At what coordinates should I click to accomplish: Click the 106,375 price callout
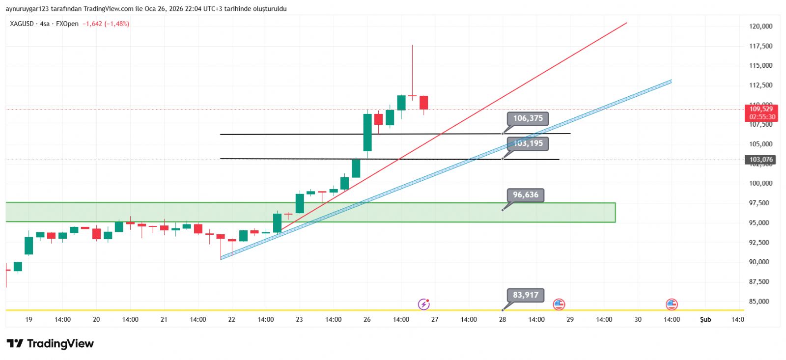(x=528, y=118)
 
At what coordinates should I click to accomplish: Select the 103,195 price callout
(x=528, y=143)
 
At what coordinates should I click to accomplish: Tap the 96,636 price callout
(x=526, y=195)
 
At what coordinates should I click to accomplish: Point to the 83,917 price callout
(x=526, y=295)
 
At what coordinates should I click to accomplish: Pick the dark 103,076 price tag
(x=761, y=160)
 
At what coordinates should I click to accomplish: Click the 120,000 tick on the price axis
(x=760, y=27)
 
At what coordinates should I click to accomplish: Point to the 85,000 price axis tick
(x=759, y=302)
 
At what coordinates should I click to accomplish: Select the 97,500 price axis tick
(x=759, y=203)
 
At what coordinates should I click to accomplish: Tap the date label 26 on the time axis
(x=367, y=320)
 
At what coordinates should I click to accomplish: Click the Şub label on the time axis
(x=705, y=320)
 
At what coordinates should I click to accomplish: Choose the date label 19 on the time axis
(x=29, y=320)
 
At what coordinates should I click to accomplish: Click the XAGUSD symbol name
(x=22, y=24)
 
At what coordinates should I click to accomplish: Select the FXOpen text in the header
(x=67, y=24)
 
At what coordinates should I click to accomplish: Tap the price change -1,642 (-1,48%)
(x=106, y=24)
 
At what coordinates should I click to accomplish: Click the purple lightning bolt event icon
(x=423, y=305)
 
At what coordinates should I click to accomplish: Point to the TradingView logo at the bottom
(x=50, y=343)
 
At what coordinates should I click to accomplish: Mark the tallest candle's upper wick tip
(x=412, y=46)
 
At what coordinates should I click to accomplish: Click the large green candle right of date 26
(x=367, y=133)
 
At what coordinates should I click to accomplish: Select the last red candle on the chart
(x=423, y=103)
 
